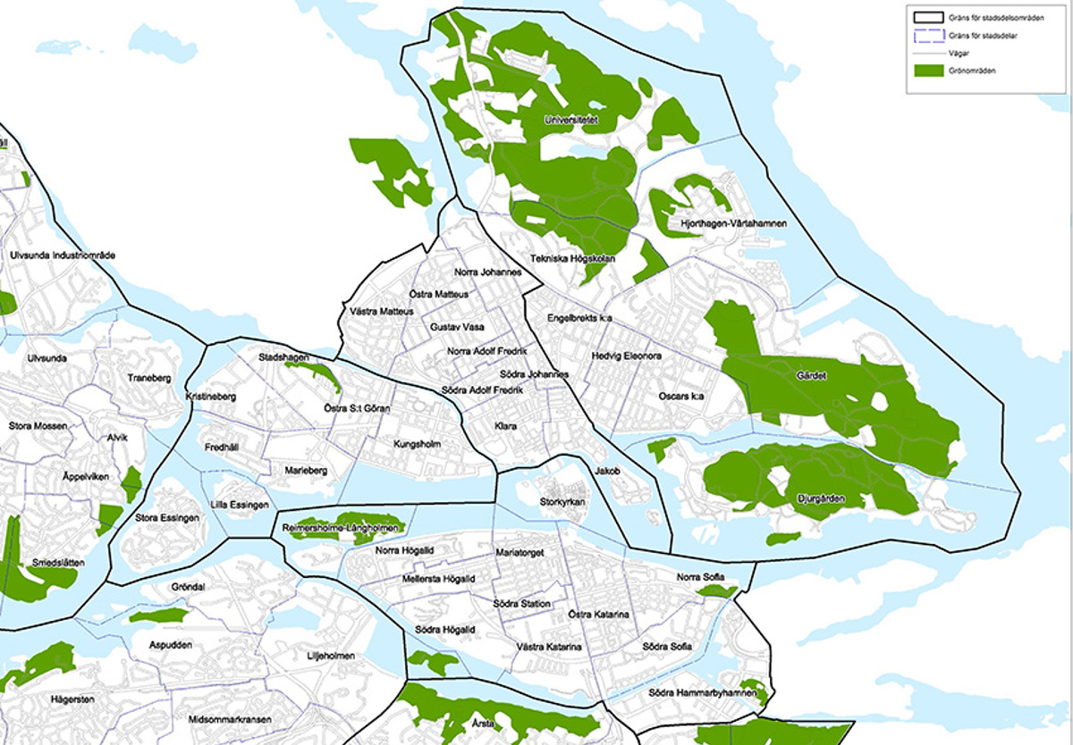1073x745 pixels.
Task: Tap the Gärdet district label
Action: coord(811,376)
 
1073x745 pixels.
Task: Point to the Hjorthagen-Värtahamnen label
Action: coord(733,223)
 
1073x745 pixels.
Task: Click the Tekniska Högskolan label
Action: coord(573,260)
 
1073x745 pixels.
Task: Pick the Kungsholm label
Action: coord(417,444)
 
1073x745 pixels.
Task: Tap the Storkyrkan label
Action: coord(562,503)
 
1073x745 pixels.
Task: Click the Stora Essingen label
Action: coord(164,517)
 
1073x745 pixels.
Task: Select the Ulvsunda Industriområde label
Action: coord(63,255)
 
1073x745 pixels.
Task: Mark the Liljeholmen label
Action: coord(331,656)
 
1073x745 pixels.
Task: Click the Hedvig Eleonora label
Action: coord(626,356)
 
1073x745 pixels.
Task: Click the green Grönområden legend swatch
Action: coord(928,70)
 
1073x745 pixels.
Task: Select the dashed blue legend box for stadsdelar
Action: coord(928,35)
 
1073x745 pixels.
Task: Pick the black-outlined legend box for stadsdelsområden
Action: coord(928,16)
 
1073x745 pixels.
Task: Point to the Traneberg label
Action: coord(148,378)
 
